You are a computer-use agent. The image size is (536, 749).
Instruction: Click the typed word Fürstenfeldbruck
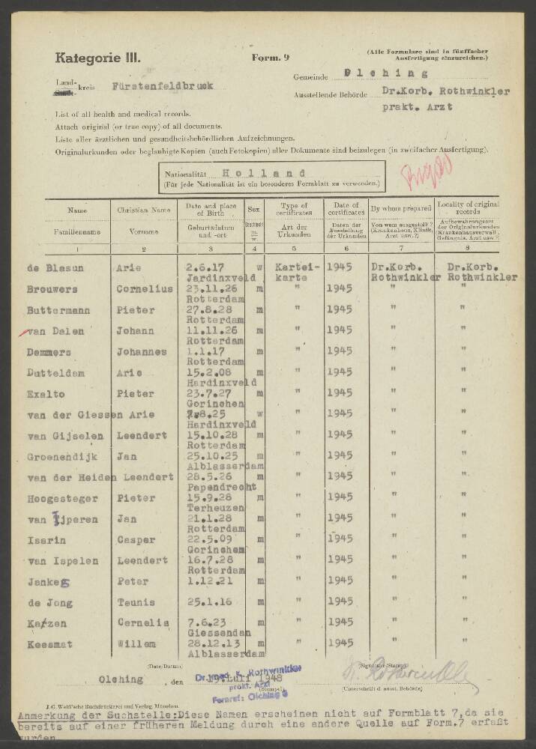(x=162, y=86)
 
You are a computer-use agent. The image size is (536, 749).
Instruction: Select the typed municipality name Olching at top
(x=385, y=73)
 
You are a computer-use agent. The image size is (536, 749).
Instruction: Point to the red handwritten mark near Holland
(x=415, y=177)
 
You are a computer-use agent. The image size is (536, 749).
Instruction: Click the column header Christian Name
(x=143, y=207)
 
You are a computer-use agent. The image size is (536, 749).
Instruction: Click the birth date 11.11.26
(x=204, y=329)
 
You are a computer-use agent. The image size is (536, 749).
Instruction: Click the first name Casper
(x=136, y=539)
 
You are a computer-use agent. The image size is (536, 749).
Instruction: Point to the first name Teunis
(x=136, y=602)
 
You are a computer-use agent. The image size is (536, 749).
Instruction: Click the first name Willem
(x=136, y=643)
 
